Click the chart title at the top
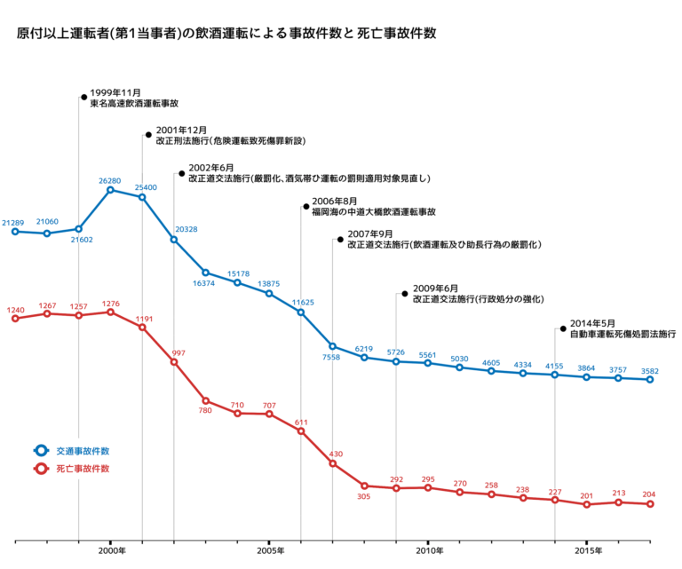coord(226,34)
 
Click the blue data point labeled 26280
coord(110,189)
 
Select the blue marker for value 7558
coord(333,346)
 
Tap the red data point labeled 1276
coord(110,312)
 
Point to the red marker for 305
coord(364,486)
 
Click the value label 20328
coord(186,230)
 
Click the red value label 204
coord(649,494)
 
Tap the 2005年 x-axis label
coord(269,552)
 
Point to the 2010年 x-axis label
coord(428,552)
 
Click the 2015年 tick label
coord(586,552)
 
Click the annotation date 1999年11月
coord(115,93)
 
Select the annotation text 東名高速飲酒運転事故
coord(134,104)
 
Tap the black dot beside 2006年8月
coord(306,206)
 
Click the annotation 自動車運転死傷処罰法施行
coord(623,335)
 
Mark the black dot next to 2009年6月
coord(405,293)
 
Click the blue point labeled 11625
coord(301,312)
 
